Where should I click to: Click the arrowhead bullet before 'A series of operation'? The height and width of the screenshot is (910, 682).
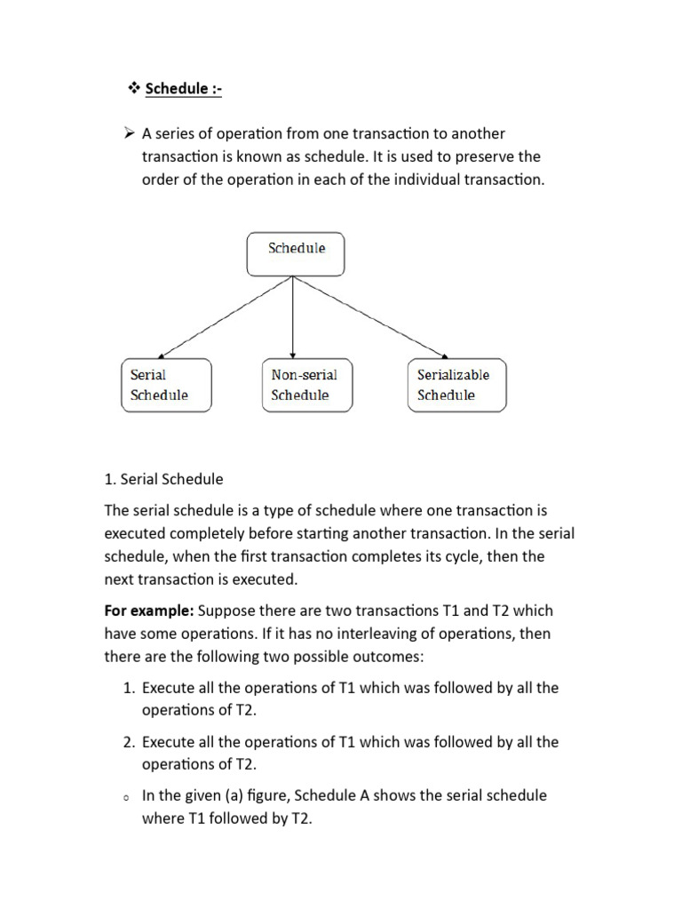130,134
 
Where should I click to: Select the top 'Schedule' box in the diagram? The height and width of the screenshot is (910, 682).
295,254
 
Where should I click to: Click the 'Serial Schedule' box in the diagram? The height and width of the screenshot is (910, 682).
166,385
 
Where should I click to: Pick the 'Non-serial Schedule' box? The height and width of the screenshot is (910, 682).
306,385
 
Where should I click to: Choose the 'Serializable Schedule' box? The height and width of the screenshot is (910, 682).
456,385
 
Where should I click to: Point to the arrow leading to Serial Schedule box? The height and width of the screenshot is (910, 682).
222,317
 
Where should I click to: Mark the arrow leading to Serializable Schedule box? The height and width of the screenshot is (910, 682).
373,317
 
